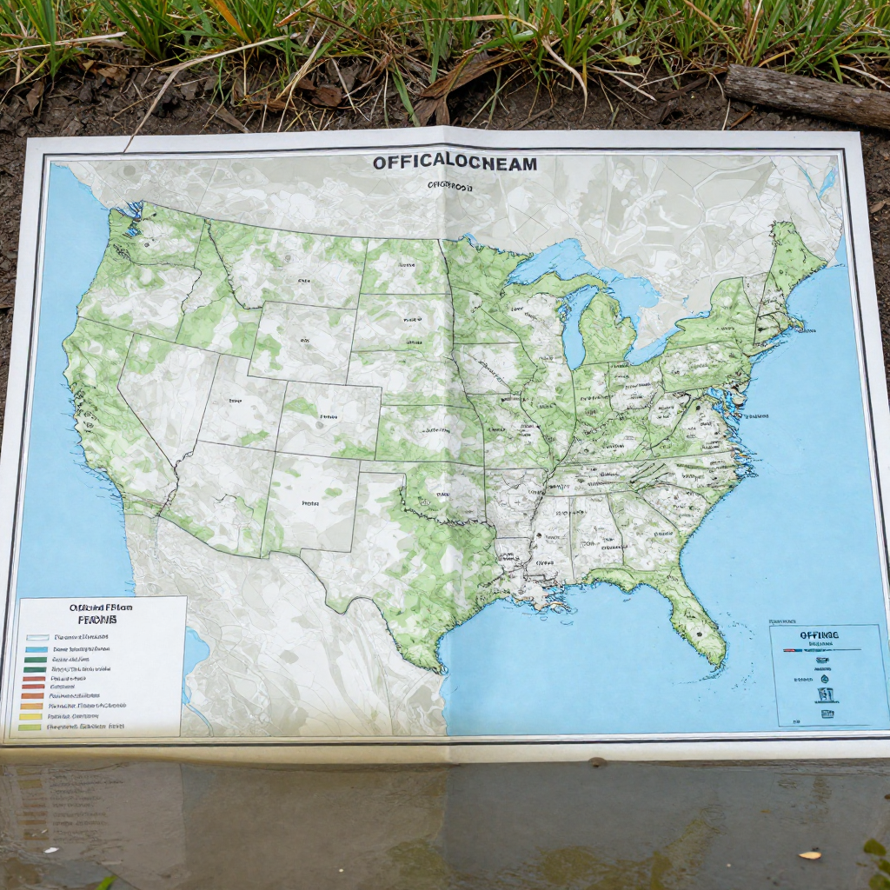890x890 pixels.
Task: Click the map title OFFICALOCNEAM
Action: (x=455, y=163)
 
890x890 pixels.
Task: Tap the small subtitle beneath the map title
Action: (x=448, y=185)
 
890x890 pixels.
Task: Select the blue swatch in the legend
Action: (x=36, y=649)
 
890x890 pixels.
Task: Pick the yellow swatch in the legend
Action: (x=31, y=716)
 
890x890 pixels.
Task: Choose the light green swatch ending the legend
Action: (x=30, y=727)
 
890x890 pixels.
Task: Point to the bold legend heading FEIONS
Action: (x=96, y=621)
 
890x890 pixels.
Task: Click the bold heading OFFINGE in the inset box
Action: (x=820, y=635)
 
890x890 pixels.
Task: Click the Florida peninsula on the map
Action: (x=694, y=616)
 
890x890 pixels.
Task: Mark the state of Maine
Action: (x=794, y=252)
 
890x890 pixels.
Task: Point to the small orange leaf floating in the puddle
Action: (x=809, y=854)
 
